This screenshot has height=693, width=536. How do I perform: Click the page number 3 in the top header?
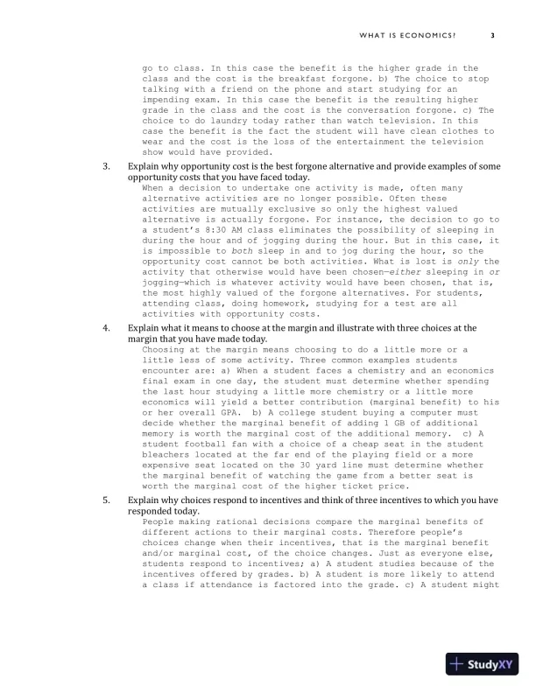click(493, 35)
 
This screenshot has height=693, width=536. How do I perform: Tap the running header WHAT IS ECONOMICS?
click(407, 35)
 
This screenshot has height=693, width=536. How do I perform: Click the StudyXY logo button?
click(482, 663)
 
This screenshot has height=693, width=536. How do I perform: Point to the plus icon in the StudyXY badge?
click(457, 663)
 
